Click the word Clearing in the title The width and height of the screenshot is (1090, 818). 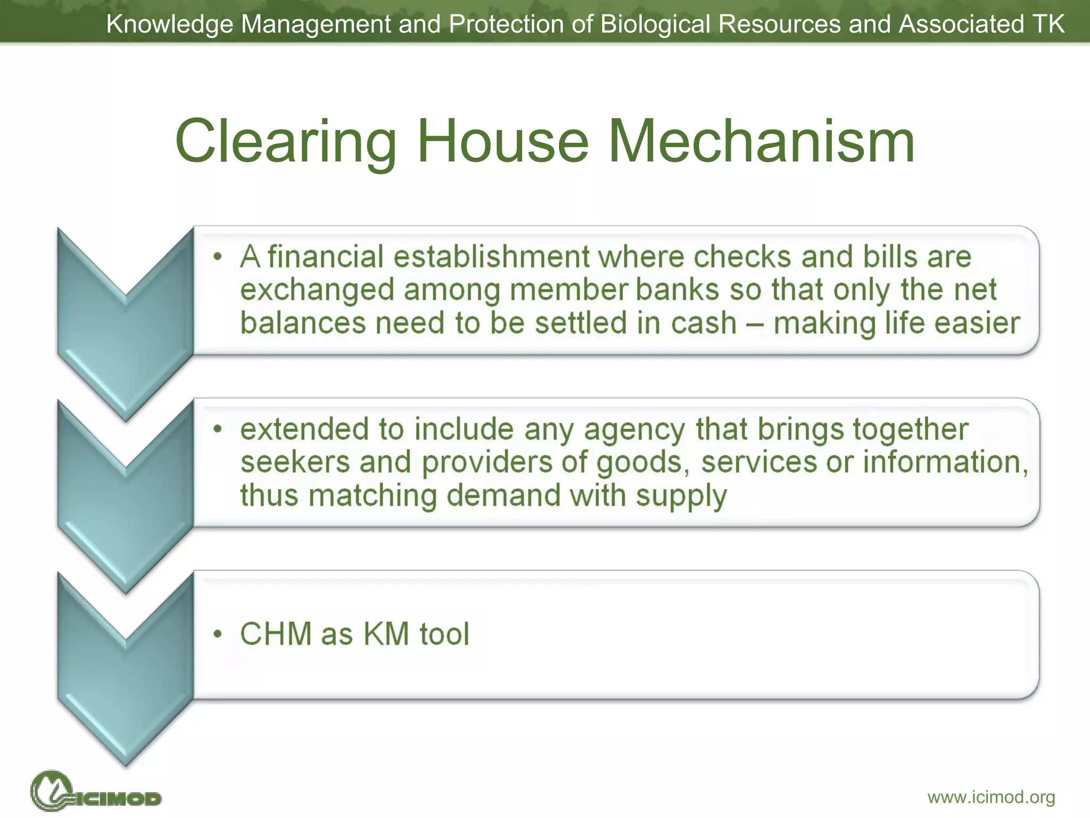[x=286, y=142]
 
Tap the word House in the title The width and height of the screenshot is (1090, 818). [x=502, y=142]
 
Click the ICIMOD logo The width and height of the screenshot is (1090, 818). [x=96, y=791]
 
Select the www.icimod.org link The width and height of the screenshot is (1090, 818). [x=991, y=797]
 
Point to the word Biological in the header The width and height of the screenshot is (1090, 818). [x=655, y=24]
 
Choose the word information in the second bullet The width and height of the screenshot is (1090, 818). [x=945, y=462]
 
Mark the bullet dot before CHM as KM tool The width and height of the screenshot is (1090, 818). [x=217, y=634]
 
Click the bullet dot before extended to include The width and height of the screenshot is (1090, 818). [x=217, y=429]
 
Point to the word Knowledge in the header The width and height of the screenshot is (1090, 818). [x=170, y=24]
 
